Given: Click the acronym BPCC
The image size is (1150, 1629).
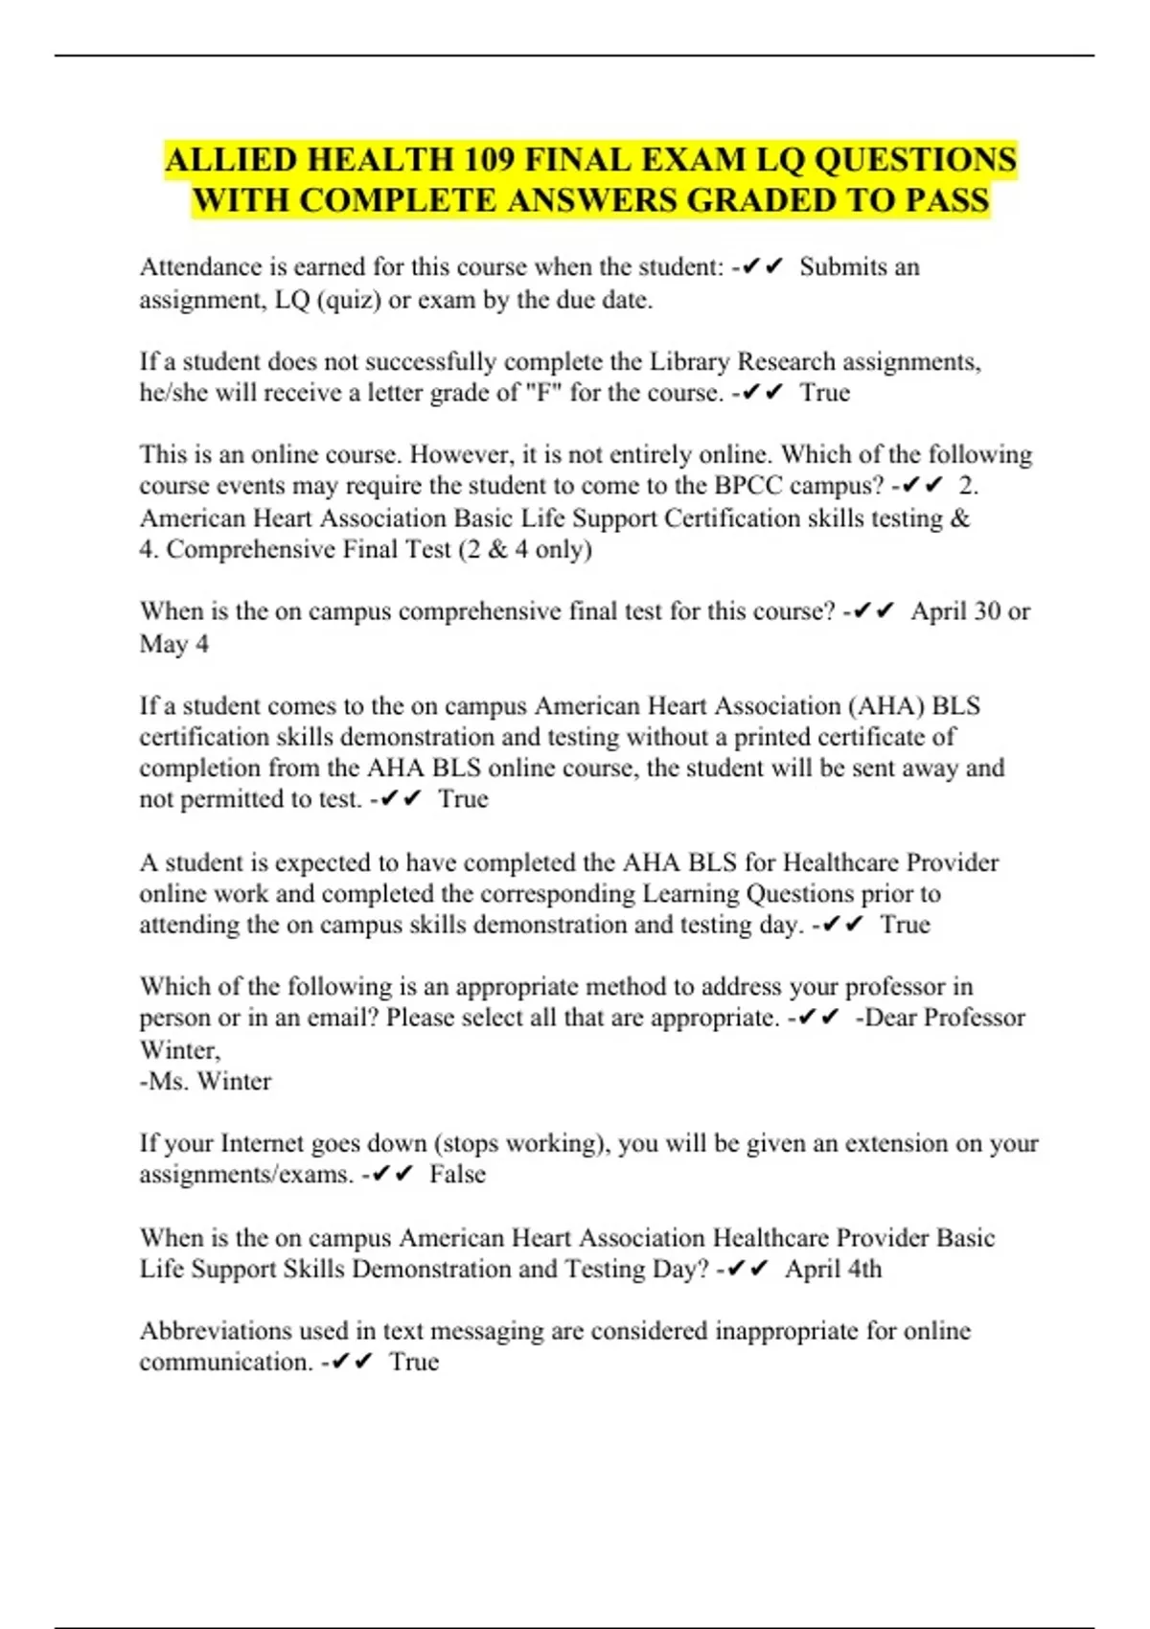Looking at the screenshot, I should [748, 486].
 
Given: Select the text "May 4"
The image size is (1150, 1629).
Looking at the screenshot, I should [173, 644].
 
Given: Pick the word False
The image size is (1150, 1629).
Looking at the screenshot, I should [457, 1174].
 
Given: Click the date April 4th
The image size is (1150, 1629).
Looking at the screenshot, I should [833, 1269].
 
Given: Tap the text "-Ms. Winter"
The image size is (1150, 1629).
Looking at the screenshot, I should [205, 1081].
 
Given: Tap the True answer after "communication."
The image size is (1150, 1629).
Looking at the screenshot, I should [414, 1362].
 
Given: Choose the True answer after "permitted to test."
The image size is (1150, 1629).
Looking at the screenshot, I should [463, 799].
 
